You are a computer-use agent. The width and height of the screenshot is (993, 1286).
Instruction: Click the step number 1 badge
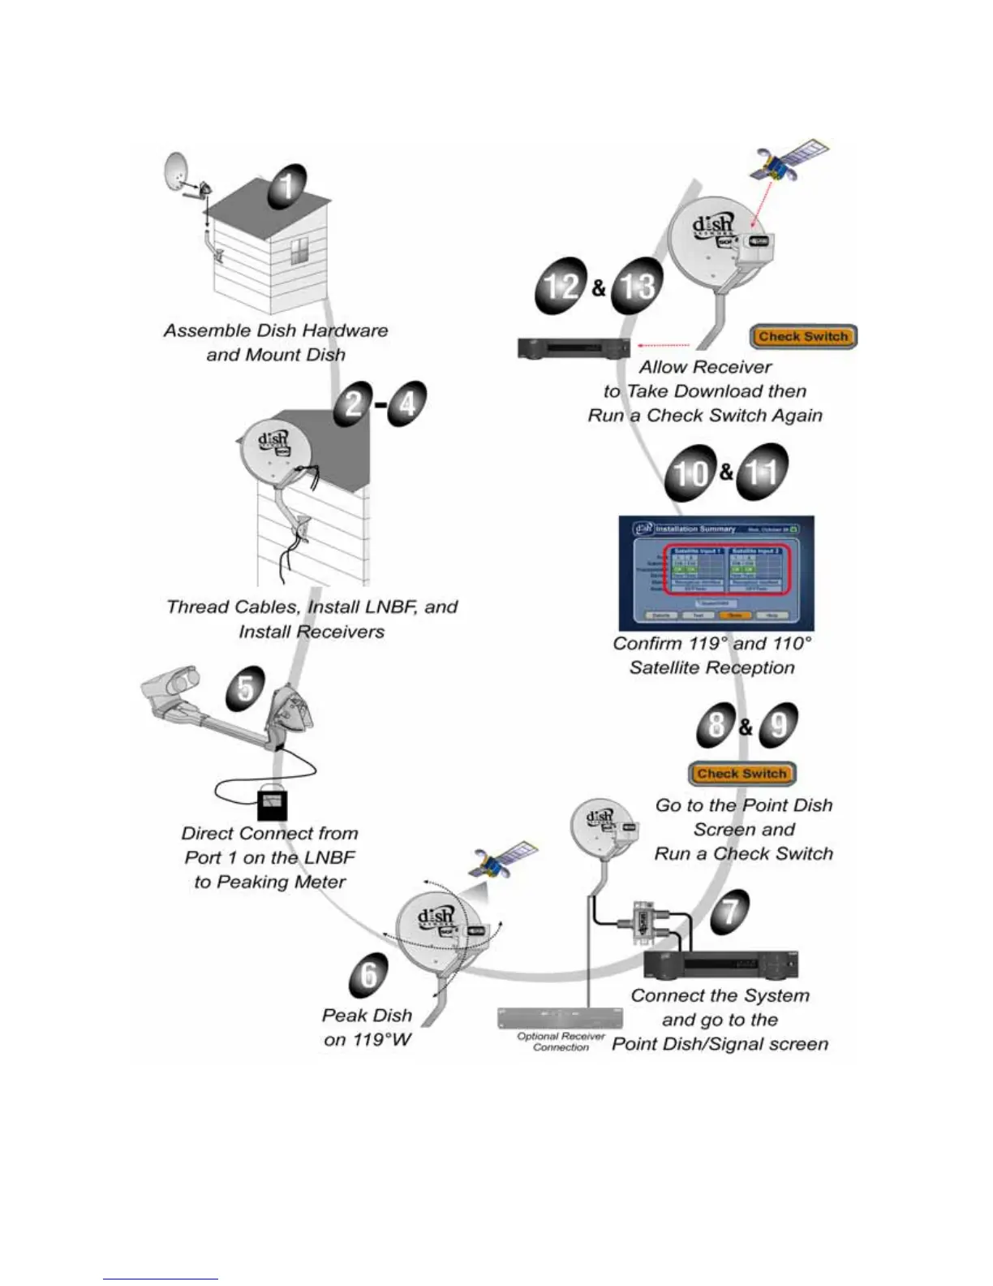pos(285,187)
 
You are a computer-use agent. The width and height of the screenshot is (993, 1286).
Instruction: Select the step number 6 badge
pos(369,974)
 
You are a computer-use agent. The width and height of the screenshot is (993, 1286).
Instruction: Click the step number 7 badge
pos(730,911)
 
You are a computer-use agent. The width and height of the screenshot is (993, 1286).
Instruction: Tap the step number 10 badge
pos(690,473)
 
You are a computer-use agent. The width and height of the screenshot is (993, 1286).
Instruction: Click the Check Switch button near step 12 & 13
pos(803,336)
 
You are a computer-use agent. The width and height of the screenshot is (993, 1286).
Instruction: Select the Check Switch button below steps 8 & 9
pos(742,774)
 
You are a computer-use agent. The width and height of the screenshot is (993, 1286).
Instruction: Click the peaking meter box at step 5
pos(272,805)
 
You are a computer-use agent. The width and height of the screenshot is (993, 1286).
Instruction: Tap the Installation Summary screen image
pos(716,573)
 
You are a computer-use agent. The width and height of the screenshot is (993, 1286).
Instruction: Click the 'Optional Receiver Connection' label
pos(561,1042)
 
